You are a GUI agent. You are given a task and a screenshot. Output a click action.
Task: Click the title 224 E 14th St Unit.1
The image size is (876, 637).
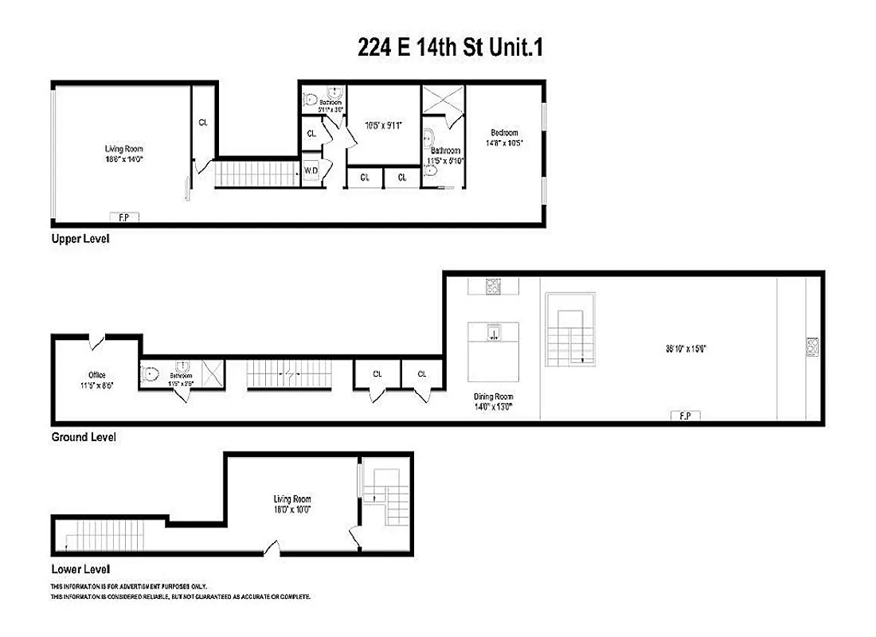click(x=450, y=49)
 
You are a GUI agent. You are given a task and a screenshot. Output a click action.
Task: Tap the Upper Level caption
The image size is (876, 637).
click(x=80, y=239)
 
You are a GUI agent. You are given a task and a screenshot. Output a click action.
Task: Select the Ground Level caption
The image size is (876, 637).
click(x=84, y=437)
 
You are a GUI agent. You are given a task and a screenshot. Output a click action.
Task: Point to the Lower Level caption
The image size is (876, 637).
click(x=80, y=569)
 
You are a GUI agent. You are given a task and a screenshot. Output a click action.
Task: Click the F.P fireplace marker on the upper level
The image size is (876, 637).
click(x=123, y=216)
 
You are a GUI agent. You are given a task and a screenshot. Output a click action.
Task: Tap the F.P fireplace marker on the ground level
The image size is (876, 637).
click(x=684, y=415)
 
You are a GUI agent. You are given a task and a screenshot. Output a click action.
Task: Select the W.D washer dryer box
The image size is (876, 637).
click(x=311, y=170)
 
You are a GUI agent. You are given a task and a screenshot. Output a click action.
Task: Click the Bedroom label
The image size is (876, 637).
click(x=504, y=133)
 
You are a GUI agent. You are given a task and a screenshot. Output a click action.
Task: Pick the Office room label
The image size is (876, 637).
click(x=97, y=375)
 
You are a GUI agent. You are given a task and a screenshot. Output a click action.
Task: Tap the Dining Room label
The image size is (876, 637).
click(x=493, y=397)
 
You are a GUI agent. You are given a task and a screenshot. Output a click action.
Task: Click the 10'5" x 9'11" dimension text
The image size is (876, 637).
click(x=384, y=125)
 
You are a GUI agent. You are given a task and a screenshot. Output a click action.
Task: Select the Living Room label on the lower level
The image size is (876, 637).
click(x=291, y=499)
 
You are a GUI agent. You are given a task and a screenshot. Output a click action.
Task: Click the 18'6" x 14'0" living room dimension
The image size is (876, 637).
click(x=123, y=158)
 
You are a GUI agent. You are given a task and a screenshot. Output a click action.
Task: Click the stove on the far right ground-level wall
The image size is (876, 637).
click(x=812, y=347)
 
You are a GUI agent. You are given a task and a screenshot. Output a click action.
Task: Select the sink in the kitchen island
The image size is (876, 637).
click(x=494, y=333)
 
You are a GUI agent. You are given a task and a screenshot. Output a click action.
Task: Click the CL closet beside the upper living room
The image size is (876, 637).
click(x=203, y=123)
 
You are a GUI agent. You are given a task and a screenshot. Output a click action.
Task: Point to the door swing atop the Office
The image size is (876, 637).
click(x=97, y=342)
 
